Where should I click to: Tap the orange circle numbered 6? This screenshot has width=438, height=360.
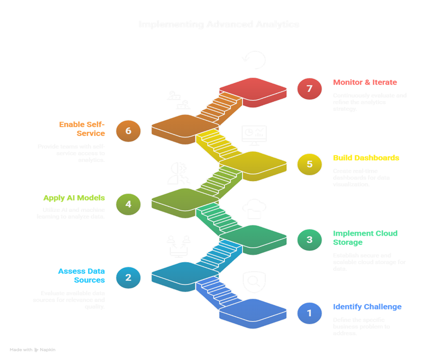click(128, 131)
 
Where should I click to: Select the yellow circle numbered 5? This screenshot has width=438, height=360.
click(310, 164)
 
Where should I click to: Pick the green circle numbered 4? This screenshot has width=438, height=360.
click(128, 204)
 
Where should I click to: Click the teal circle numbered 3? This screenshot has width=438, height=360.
click(310, 240)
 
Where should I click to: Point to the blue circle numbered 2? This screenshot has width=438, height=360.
click(128, 278)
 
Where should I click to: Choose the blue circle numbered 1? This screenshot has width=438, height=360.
click(310, 313)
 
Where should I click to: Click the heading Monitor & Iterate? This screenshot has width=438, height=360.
click(365, 82)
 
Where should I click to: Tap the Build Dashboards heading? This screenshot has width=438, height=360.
click(366, 158)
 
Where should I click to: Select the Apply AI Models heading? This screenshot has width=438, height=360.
click(74, 198)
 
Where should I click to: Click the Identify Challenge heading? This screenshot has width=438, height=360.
click(367, 307)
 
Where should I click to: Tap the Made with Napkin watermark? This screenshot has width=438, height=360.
click(33, 349)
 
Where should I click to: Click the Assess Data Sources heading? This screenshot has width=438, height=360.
click(81, 275)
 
